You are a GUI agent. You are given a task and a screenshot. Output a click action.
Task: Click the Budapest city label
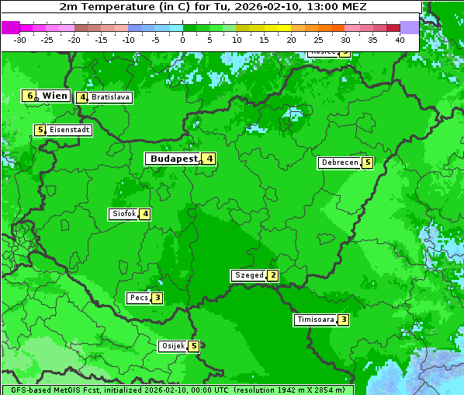[174, 159]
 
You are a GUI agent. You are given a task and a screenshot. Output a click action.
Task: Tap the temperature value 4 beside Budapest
[209, 159]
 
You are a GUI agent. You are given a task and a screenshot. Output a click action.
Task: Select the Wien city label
[54, 96]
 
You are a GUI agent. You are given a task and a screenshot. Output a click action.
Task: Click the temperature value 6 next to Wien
[29, 96]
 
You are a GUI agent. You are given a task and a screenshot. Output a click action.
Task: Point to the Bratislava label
[110, 98]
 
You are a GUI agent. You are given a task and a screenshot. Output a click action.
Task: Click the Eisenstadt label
[70, 130]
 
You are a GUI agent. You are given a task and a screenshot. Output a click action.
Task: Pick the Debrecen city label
[339, 163]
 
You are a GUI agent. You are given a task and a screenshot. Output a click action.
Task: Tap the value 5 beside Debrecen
[368, 163]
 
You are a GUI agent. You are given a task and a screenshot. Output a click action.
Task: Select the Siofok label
[123, 214]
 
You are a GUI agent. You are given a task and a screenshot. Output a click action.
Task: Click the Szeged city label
[248, 275]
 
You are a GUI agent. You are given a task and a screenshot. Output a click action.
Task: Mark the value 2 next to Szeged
[272, 275]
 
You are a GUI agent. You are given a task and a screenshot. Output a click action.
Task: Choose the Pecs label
[139, 298]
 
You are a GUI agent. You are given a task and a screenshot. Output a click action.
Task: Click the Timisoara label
[316, 320]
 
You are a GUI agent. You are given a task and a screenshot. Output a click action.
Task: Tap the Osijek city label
[172, 346]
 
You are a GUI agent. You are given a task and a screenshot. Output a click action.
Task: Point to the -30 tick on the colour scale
[20, 40]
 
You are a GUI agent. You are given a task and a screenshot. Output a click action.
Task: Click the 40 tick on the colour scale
[399, 40]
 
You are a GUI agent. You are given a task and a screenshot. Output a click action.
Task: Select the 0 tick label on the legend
[182, 40]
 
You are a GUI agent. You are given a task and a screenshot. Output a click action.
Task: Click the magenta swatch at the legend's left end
[10, 27]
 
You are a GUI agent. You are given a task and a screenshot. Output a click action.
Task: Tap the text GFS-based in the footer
[32, 390]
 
